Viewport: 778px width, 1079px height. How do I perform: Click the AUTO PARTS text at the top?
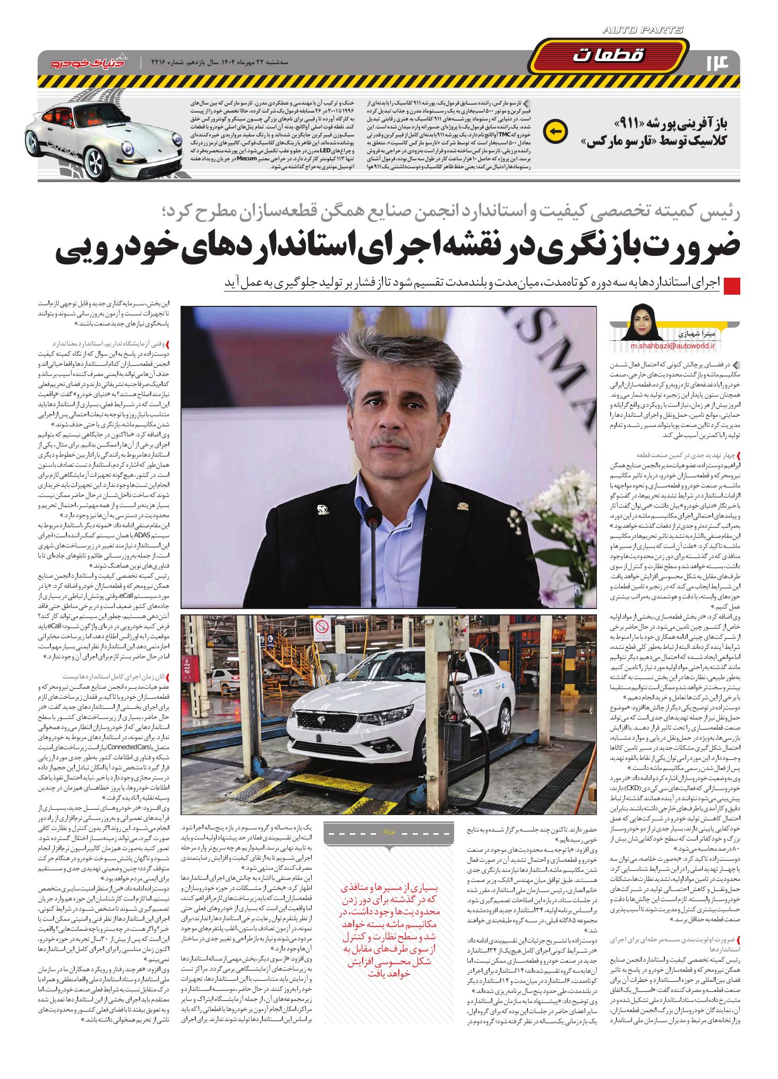tap(643, 30)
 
